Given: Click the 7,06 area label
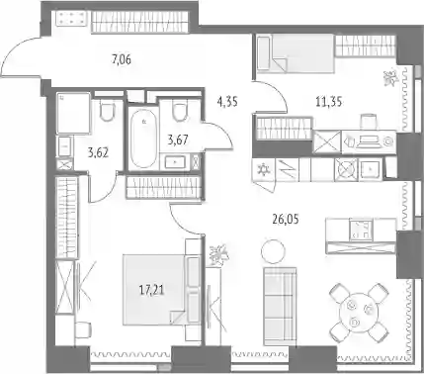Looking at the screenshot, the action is coord(122,60).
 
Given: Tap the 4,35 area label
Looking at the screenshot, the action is coord(227,102).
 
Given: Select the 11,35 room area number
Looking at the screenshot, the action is coord(328,102).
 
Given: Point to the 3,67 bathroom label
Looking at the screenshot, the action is coord(178,140).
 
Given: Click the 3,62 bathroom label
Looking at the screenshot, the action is coord(99,153).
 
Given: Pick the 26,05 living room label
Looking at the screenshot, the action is coord(286,219).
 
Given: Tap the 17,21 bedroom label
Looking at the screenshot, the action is coord(152,291).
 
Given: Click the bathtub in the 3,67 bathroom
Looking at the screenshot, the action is coord(143,139).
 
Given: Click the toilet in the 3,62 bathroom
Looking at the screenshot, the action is coord(108,111).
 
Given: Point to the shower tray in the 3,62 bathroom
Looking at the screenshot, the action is coord(73,113).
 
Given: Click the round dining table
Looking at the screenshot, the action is coord(358,312).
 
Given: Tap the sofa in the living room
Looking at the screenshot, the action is coord(280,307).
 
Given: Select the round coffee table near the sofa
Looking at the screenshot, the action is coord(273,251).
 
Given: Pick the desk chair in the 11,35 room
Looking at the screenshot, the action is coord(368,122).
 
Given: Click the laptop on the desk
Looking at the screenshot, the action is coord(369,142).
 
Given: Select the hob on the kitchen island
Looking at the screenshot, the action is coord(361,230).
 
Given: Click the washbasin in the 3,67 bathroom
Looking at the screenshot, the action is coord(175,162).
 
